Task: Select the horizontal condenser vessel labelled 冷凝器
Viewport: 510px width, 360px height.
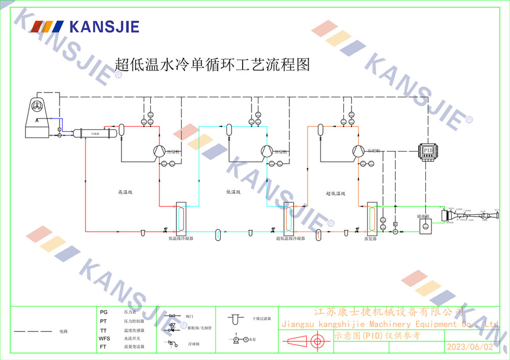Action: (94, 133)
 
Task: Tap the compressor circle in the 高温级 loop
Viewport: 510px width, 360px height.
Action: (159, 150)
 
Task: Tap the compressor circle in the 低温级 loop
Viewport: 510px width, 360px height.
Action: (266, 150)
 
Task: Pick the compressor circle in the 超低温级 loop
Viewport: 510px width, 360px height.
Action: (357, 150)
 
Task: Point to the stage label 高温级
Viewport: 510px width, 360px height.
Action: (125, 193)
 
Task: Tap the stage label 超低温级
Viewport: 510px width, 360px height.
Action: (336, 194)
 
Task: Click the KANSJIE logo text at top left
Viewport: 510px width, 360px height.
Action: (104, 27)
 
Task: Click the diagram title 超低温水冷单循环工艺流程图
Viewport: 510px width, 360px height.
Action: (212, 65)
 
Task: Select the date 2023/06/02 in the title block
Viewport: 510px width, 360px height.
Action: (470, 347)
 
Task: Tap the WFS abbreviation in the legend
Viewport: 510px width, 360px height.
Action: (104, 339)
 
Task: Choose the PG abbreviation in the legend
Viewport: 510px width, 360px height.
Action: (104, 312)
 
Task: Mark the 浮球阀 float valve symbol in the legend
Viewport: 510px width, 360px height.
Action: (176, 344)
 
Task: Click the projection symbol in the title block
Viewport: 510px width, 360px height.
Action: (304, 341)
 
